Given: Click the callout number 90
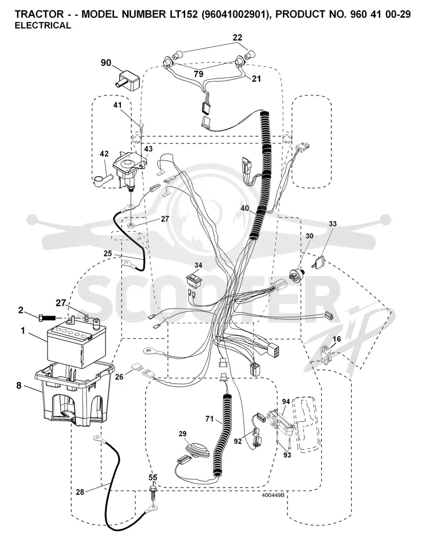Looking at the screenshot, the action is click(x=106, y=63).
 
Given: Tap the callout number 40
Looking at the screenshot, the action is click(x=245, y=208).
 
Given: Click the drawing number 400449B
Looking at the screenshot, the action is click(x=273, y=495).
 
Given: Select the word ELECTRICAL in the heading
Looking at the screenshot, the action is click(x=43, y=25).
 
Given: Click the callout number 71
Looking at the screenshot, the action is click(x=209, y=419).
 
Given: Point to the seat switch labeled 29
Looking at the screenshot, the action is click(x=197, y=450).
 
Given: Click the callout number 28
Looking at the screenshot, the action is click(x=80, y=492).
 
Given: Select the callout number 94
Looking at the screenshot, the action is click(x=286, y=402).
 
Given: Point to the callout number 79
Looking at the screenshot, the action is click(x=198, y=74).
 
